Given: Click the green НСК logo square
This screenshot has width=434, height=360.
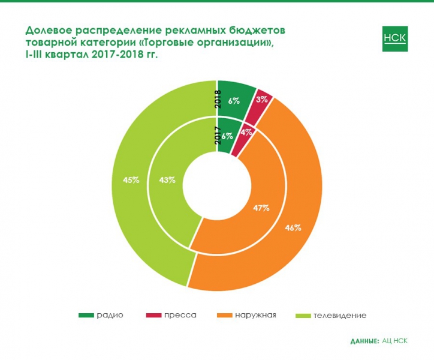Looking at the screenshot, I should click(394, 39).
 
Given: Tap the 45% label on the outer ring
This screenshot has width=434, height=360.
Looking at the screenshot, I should click(131, 179).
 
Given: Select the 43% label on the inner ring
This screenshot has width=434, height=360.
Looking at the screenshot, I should click(167, 180).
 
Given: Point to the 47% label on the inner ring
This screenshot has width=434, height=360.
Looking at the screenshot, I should click(261, 208).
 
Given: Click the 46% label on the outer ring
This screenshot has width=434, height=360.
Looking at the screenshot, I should click(293, 227).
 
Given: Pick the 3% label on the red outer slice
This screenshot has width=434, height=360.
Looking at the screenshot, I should click(261, 100).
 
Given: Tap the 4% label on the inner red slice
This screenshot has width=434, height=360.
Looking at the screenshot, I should click(246, 131).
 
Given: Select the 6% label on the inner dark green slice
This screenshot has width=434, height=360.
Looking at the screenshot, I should click(227, 136).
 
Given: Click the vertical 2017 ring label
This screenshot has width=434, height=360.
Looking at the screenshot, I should click(218, 134).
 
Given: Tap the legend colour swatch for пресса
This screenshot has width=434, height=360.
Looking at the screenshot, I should click(154, 315).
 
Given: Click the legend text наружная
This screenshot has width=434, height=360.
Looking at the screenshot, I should click(255, 315).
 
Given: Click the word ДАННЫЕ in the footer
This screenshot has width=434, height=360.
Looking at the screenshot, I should click(364, 341).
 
